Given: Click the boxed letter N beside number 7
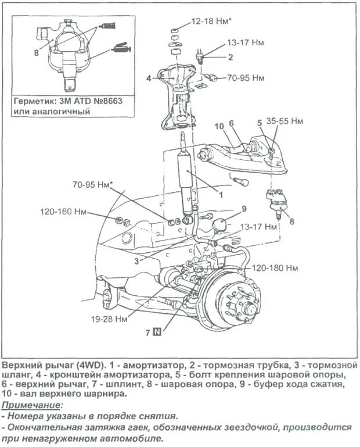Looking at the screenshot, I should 157,333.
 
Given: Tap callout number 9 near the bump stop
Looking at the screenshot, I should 244,208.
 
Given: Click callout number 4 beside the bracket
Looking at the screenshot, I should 149,77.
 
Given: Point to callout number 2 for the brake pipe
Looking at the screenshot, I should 230,57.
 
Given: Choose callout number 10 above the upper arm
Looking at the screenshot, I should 219,126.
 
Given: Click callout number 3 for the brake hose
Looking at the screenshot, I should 136,261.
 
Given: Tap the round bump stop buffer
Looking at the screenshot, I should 220,224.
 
